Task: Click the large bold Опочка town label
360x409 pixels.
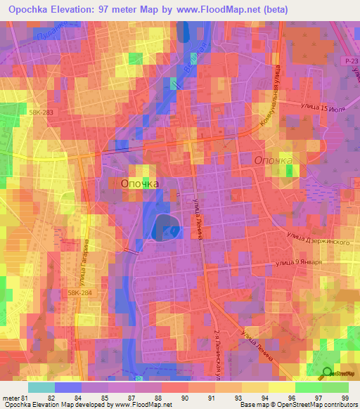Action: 140,183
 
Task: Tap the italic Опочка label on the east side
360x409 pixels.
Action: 273,161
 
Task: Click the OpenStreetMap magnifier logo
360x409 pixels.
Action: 326,374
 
